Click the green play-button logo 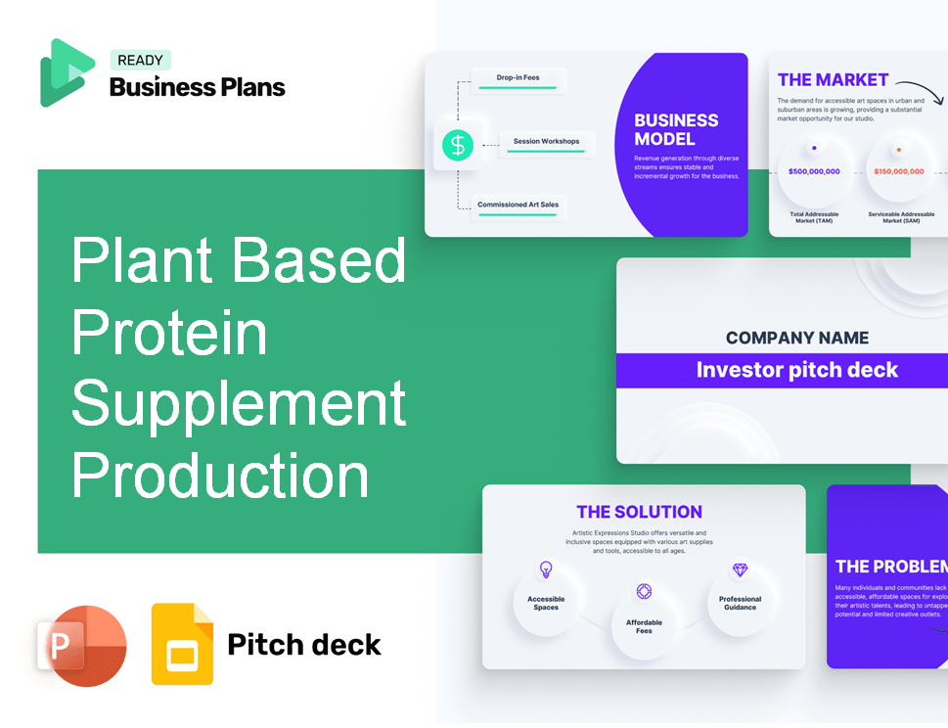click(67, 72)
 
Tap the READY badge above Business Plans click(140, 60)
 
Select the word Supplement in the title click(239, 403)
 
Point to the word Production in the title click(220, 476)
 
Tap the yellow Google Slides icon click(182, 643)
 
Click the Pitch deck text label click(304, 644)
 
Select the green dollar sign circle click(457, 146)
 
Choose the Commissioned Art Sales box click(519, 206)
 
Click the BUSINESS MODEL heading click(676, 129)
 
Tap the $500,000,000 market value click(814, 171)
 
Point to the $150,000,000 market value click(898, 171)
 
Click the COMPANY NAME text click(797, 338)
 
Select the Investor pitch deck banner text click(796, 370)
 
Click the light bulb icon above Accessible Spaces click(546, 569)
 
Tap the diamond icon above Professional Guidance click(740, 569)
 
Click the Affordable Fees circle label click(644, 626)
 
